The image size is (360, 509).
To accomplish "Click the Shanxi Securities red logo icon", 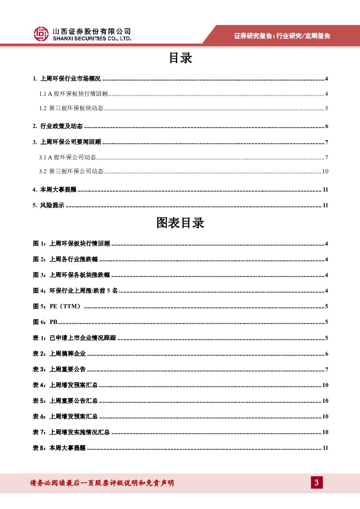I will pyautogui.click(x=41, y=34).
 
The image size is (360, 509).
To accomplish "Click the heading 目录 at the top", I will pyautogui.click(x=180, y=58).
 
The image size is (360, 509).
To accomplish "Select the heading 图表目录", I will pyautogui.click(x=180, y=223).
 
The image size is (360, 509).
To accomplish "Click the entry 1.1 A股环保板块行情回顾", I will pyautogui.click(x=74, y=94).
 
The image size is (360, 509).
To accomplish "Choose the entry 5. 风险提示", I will pyautogui.click(x=48, y=206).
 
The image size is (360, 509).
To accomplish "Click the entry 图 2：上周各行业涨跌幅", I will pyautogui.click(x=65, y=260).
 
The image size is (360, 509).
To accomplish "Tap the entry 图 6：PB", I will pyautogui.click(x=45, y=322).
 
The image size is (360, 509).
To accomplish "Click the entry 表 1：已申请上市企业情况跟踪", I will pyautogui.click(x=74, y=338).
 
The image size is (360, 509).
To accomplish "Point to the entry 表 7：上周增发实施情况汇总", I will pyautogui.click(x=71, y=432).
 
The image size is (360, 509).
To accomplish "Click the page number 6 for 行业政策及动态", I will pyautogui.click(x=326, y=127).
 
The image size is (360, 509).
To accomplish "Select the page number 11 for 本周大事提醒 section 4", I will pyautogui.click(x=325, y=190).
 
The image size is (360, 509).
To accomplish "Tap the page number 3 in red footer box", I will pyautogui.click(x=317, y=482).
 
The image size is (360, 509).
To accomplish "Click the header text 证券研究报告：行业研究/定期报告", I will pyautogui.click(x=282, y=36).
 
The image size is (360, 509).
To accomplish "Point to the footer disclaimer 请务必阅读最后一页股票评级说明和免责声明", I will pyautogui.click(x=102, y=483).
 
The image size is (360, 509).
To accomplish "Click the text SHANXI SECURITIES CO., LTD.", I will pyautogui.click(x=91, y=39).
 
